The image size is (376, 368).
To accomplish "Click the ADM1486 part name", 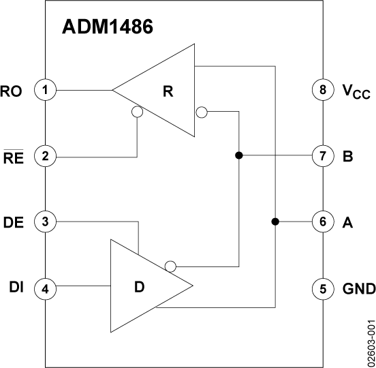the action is pyautogui.click(x=108, y=27).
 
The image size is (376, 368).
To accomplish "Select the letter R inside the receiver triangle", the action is pyautogui.click(x=168, y=91).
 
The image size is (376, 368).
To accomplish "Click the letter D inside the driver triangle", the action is pyautogui.click(x=140, y=287).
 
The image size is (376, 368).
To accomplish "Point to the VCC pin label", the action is pyautogui.click(x=356, y=91).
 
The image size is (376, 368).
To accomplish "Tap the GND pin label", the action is pyautogui.click(x=359, y=288).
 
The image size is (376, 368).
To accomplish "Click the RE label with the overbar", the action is pyautogui.click(x=14, y=157).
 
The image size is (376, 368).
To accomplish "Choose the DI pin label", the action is pyautogui.click(x=16, y=287).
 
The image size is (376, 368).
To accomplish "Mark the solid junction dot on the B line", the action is pyautogui.click(x=239, y=155).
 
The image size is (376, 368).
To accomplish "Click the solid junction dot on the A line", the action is pyautogui.click(x=275, y=221).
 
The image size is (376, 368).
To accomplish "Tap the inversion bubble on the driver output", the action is pyautogui.click(x=170, y=266).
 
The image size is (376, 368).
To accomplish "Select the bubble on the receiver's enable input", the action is pyautogui.click(x=137, y=112).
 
